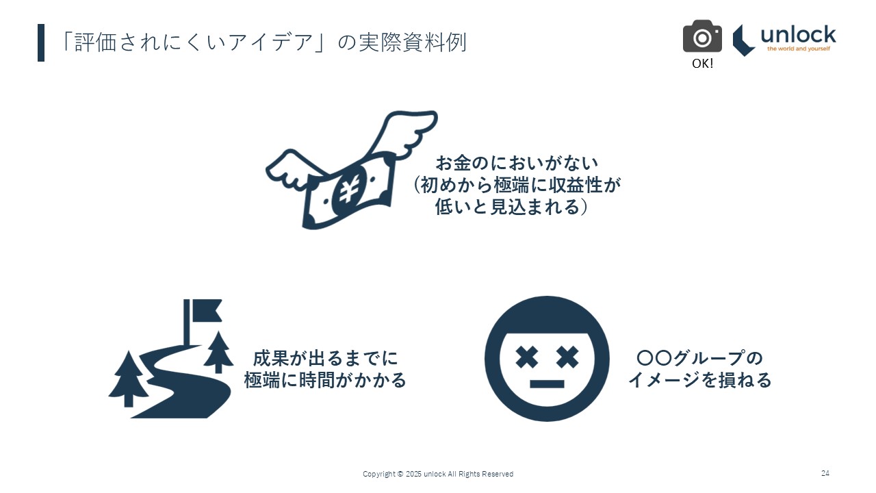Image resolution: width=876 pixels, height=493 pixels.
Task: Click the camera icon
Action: click(x=702, y=36)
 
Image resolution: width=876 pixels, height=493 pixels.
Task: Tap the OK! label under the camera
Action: click(x=702, y=64)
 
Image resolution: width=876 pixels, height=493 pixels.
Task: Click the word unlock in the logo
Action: click(x=798, y=35)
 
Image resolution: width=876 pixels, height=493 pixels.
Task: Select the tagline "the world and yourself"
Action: click(x=799, y=49)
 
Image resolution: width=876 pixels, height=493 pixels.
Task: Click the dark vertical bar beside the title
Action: click(x=41, y=42)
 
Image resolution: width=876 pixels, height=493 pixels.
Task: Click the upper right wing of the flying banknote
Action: click(x=403, y=133)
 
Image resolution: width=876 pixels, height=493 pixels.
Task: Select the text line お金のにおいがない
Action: click(x=517, y=163)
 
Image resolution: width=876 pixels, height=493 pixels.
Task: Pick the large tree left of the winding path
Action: click(x=128, y=379)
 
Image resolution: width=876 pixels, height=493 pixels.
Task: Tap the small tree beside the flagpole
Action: click(x=218, y=352)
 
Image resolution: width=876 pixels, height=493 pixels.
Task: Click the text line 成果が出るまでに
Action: click(x=325, y=358)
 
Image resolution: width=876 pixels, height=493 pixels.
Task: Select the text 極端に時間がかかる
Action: click(x=325, y=380)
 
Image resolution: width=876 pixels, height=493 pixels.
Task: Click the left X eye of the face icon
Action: click(x=526, y=357)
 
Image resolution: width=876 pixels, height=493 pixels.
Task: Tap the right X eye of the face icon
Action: click(x=567, y=357)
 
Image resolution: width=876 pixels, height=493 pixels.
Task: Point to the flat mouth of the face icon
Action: click(x=547, y=384)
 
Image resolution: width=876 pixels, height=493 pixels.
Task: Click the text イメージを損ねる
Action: click(x=699, y=380)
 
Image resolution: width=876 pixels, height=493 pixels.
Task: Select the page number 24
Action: click(x=825, y=473)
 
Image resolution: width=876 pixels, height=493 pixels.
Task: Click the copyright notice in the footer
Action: click(x=438, y=474)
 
